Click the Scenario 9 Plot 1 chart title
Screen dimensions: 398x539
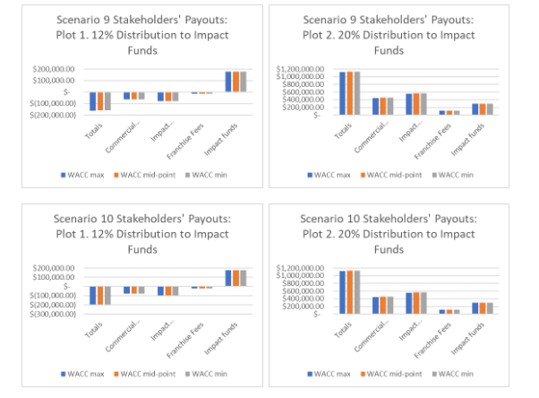pos(138,33)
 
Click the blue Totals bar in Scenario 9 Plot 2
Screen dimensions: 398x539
pos(342,93)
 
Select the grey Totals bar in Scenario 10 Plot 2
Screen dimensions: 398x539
pos(356,292)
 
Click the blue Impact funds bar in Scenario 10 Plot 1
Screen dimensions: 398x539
pos(229,278)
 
